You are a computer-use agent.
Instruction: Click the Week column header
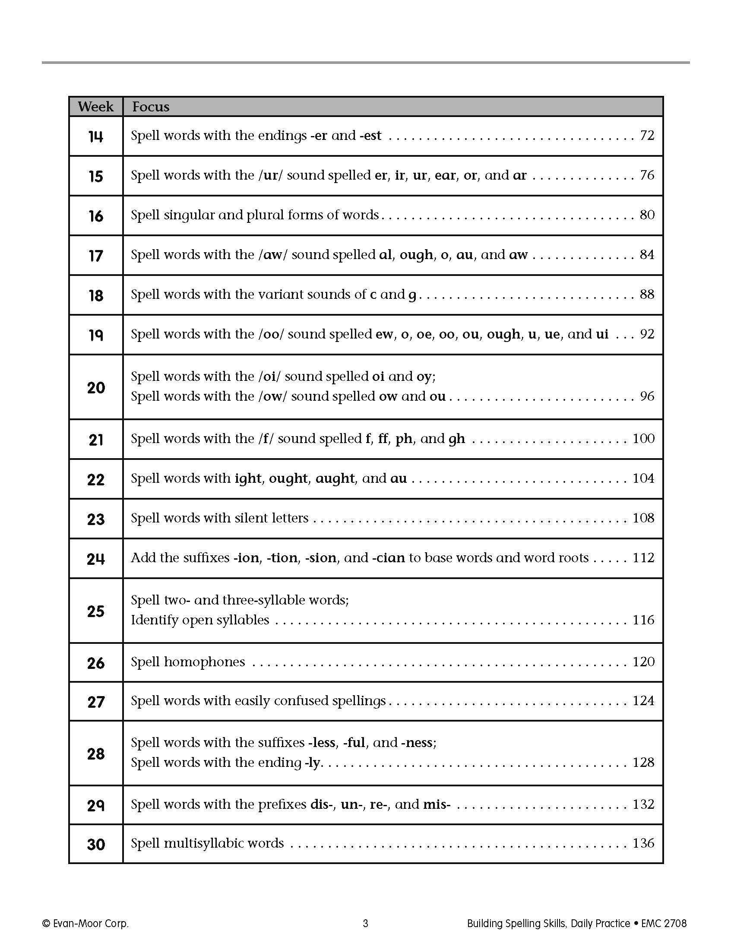95,107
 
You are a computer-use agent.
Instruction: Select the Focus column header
150,107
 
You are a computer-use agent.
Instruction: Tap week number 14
96,136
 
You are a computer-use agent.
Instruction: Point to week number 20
96,387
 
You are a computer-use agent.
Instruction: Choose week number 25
96,611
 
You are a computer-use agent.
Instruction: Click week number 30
96,844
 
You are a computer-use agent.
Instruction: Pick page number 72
647,135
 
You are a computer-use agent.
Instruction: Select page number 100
643,438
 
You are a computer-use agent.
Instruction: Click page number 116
643,619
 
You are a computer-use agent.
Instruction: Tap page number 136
643,843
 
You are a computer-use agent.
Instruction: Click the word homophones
204,662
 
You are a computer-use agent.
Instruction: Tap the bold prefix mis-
437,804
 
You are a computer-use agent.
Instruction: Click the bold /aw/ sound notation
272,254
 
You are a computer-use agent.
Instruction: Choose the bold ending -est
370,135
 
